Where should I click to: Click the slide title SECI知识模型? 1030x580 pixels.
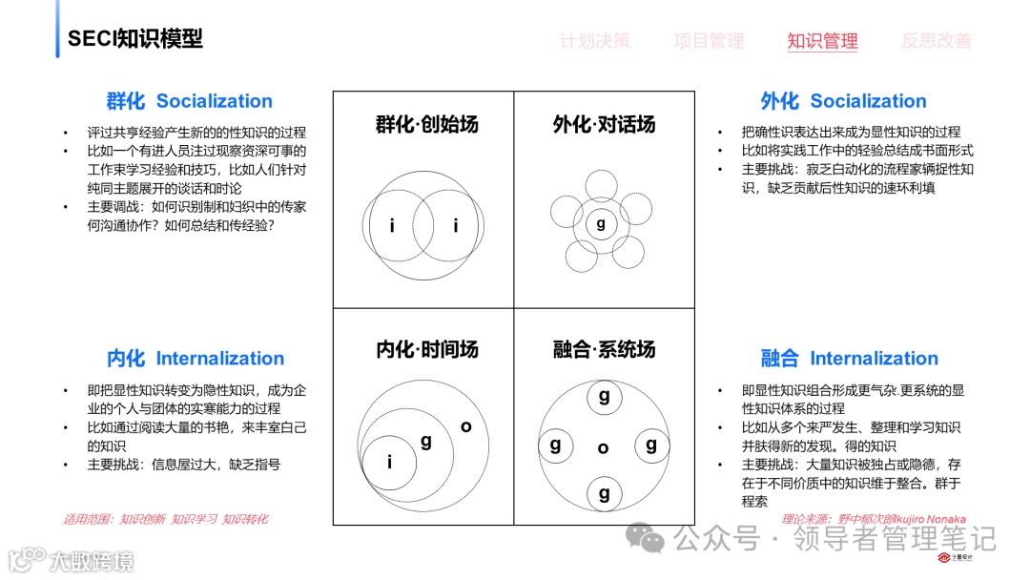tap(134, 38)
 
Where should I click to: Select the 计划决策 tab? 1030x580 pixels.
tap(594, 41)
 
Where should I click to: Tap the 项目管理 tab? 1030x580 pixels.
tap(709, 41)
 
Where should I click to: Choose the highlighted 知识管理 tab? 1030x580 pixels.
tap(822, 41)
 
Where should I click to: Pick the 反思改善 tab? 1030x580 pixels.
tap(937, 41)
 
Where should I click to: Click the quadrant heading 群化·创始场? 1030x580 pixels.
tap(426, 124)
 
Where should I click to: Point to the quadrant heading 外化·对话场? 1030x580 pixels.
tap(604, 124)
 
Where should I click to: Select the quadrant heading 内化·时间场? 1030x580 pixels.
tap(426, 349)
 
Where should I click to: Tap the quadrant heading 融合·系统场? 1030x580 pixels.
tap(604, 349)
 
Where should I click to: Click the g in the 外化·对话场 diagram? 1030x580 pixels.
tap(601, 224)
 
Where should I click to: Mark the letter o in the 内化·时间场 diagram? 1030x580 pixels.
tap(465, 426)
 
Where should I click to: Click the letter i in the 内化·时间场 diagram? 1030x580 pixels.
tap(390, 462)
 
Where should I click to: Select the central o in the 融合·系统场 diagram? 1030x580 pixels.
tap(603, 447)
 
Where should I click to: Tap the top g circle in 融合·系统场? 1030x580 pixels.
tap(604, 397)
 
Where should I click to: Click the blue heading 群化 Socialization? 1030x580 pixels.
tap(190, 101)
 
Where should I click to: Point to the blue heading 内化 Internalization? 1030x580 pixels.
tap(196, 359)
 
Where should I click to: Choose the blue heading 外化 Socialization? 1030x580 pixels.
tap(843, 101)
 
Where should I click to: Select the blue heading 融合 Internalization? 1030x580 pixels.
tap(849, 359)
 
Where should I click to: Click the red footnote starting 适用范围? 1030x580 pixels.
tap(166, 519)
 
